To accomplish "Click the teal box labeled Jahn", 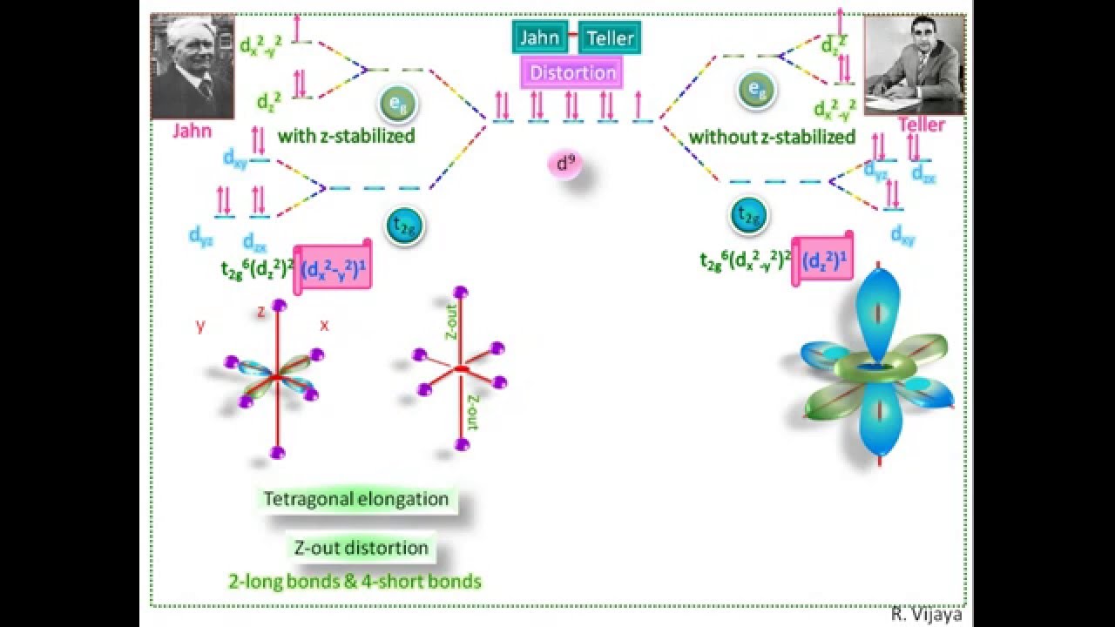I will [539, 37].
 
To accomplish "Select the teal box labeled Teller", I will [610, 37].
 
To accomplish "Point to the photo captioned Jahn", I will [193, 66].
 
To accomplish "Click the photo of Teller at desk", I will [914, 65].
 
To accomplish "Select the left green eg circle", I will [397, 104].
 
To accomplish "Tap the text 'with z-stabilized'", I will [346, 136].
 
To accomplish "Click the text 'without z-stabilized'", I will [772, 137].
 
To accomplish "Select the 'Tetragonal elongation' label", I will [357, 499].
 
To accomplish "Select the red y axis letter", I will [201, 325].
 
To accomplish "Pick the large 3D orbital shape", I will [878, 369].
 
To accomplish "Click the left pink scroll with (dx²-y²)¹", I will [334, 270].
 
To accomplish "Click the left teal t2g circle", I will [405, 226].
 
